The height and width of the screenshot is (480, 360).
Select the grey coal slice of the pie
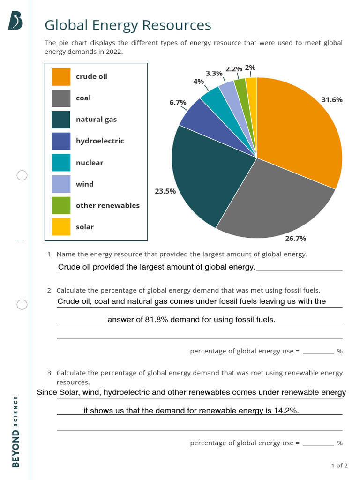(277, 202)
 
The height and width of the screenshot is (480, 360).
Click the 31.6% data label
(332, 100)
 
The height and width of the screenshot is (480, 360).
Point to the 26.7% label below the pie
(295, 239)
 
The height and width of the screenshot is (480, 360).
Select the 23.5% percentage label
(165, 191)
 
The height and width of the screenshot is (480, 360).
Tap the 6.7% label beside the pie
(178, 102)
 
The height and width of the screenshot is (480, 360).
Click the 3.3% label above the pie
(214, 74)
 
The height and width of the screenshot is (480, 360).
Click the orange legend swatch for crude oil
(61, 77)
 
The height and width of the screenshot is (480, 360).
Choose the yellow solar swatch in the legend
(61, 227)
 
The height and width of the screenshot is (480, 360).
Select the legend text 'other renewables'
(107, 205)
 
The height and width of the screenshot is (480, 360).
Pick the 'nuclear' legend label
(89, 163)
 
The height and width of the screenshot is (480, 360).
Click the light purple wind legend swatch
(61, 184)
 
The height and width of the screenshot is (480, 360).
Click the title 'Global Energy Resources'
(127, 25)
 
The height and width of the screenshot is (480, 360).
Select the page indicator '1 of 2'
(339, 465)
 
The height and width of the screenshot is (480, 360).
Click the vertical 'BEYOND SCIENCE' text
(16, 431)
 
